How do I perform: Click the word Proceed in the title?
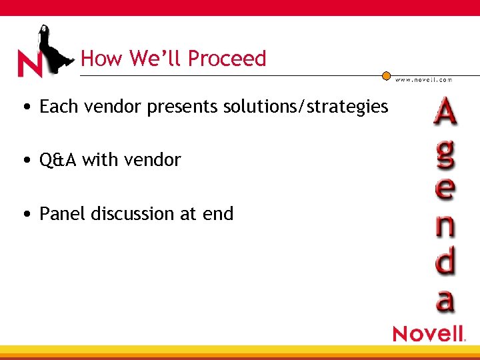tap(227, 59)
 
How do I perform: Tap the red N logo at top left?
tap(31, 65)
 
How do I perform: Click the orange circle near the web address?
tap(386, 76)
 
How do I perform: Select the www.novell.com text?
tap(423, 79)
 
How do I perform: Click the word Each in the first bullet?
tap(58, 106)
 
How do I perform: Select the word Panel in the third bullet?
tap(63, 214)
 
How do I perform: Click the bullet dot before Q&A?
tap(25, 161)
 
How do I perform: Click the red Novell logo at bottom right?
tap(428, 333)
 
